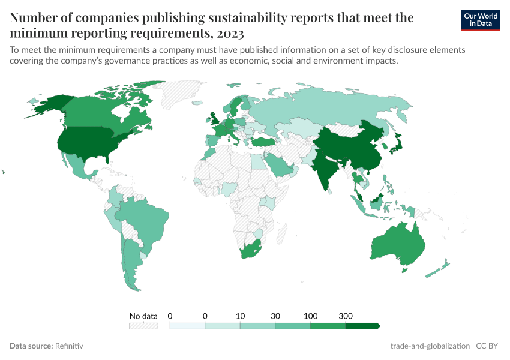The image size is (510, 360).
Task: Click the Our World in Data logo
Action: pos(480,19)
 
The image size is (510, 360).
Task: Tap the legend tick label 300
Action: pos(346,316)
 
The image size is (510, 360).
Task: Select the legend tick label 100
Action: pos(310,316)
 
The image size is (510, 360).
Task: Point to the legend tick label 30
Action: pos(275,316)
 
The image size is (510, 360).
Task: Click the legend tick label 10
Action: pos(240,316)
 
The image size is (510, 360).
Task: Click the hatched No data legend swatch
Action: pos(143,326)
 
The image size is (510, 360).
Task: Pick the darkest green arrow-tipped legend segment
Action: pos(362,326)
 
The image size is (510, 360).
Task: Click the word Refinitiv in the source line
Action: pos(68,346)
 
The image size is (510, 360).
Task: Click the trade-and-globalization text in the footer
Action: pos(430,346)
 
